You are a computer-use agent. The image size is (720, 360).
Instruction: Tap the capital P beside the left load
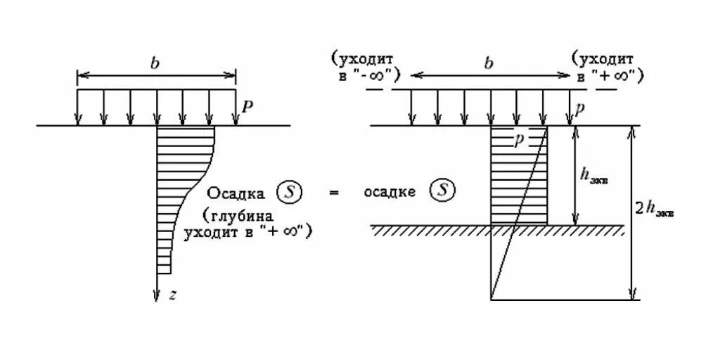247,106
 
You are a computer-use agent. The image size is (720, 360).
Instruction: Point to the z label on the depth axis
173,295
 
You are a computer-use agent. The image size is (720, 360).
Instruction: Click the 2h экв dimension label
655,208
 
